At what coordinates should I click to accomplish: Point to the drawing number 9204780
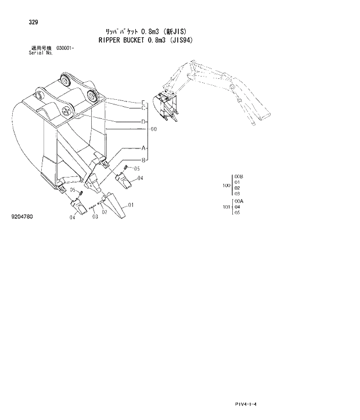[x=22, y=216]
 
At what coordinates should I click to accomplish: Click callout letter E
[x=143, y=102]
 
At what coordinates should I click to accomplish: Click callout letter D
[x=143, y=121]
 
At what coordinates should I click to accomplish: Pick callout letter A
[x=143, y=148]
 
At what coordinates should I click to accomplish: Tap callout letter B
[x=143, y=160]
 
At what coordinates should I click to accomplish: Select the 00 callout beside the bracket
[x=154, y=129]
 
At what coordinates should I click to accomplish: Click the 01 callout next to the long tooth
[x=131, y=205]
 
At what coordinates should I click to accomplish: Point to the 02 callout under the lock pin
[x=105, y=212]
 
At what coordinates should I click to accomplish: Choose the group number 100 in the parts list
[x=226, y=186]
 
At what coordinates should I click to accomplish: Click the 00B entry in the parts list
[x=239, y=176]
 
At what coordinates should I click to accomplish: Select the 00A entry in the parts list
[x=239, y=201]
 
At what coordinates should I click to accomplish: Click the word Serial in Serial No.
[x=36, y=52]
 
